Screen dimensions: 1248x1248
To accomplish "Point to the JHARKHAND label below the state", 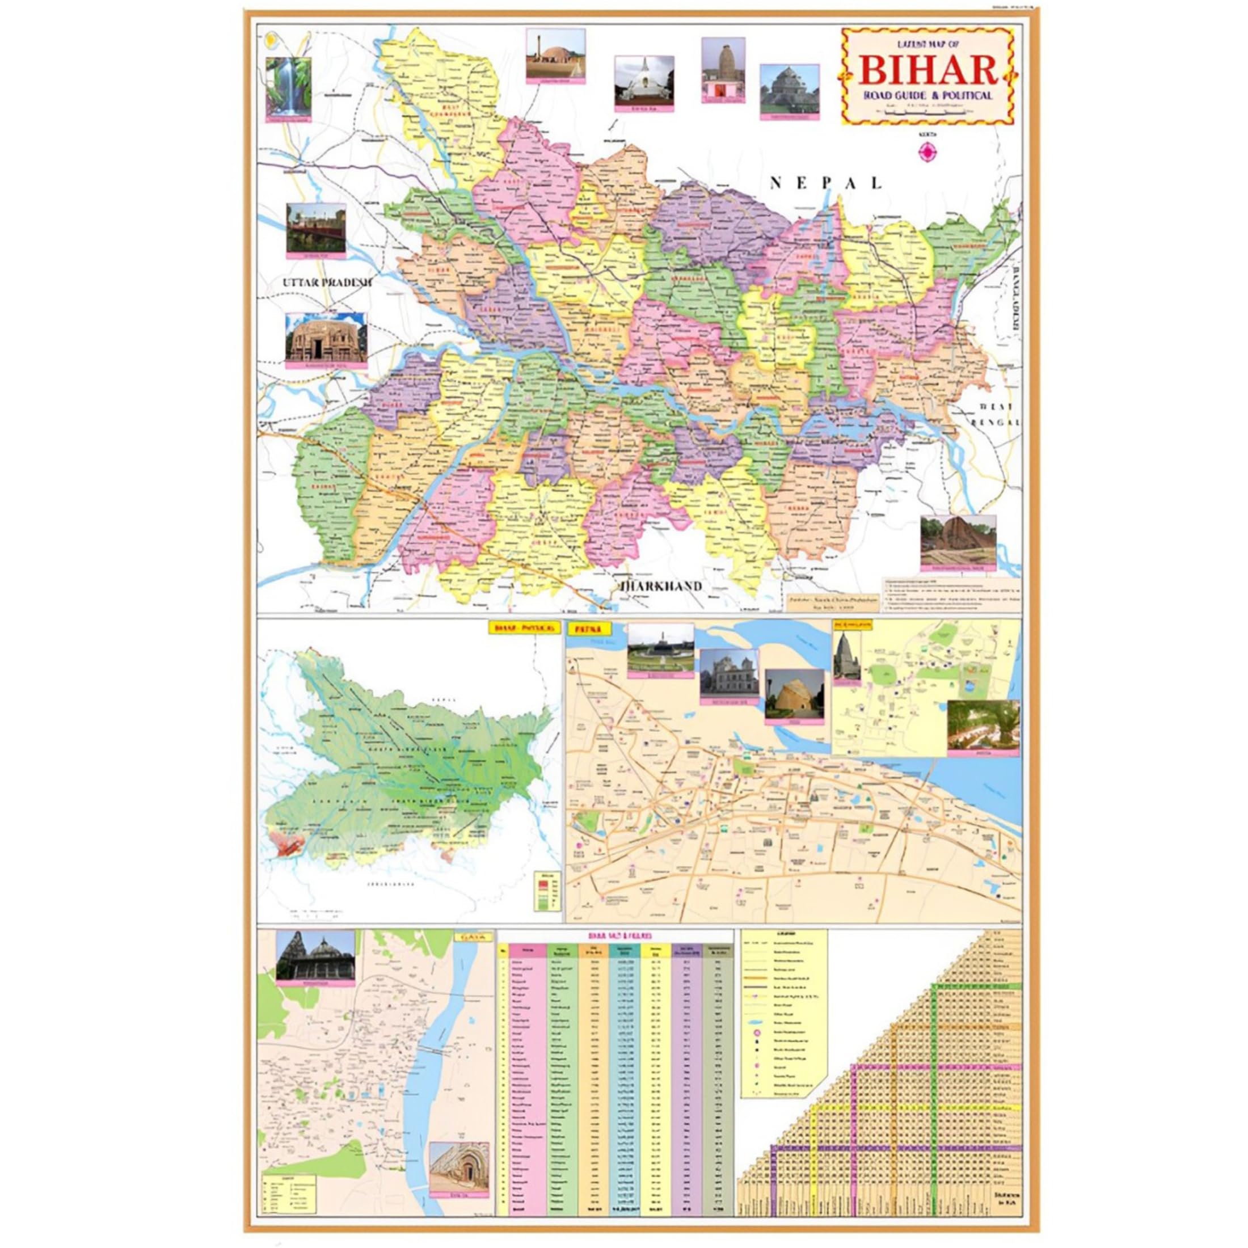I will (x=661, y=586).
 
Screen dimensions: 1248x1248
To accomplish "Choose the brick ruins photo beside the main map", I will (x=958, y=540).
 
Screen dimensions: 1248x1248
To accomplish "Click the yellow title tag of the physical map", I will (x=522, y=628).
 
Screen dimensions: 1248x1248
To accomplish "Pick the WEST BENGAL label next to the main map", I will (x=997, y=414).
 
